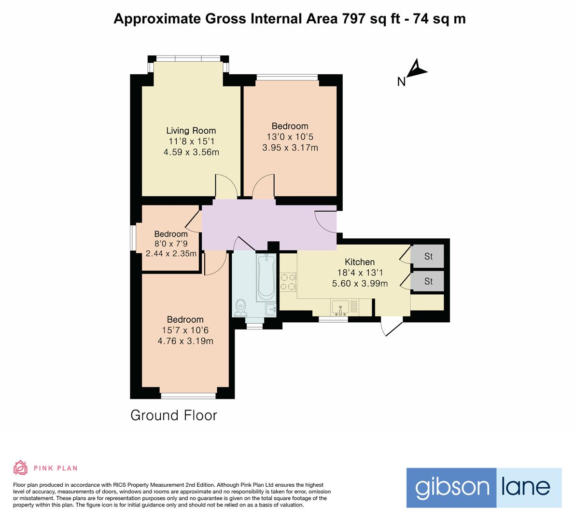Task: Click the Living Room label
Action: (191, 130)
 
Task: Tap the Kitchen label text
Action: (360, 262)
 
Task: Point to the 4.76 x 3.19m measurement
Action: (185, 341)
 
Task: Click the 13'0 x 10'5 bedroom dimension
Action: (290, 137)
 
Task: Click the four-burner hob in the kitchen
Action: (289, 282)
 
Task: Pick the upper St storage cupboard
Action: (428, 256)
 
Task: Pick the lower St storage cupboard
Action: (428, 281)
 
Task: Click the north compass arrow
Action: (417, 69)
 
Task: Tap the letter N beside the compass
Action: (401, 82)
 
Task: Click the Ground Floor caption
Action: (174, 415)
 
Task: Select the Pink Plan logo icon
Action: (20, 467)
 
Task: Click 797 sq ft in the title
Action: (370, 19)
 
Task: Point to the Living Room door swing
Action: (225, 185)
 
